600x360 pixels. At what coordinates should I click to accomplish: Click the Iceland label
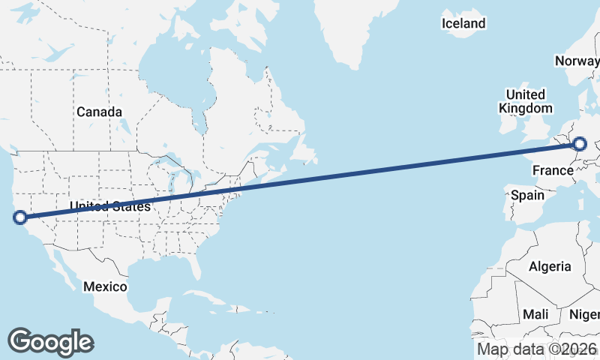pyautogui.click(x=463, y=24)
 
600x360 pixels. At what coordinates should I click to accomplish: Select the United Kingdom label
pyautogui.click(x=525, y=101)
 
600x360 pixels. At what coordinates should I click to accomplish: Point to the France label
pyautogui.click(x=553, y=171)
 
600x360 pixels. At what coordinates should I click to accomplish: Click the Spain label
pyautogui.click(x=526, y=195)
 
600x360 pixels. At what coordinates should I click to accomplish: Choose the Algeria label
pyautogui.click(x=550, y=266)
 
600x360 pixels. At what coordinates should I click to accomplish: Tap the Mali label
pyautogui.click(x=535, y=313)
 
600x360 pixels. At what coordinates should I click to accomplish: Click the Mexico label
pyautogui.click(x=105, y=286)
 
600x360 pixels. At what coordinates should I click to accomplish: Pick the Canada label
pyautogui.click(x=99, y=112)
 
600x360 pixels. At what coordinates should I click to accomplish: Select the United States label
pyautogui.click(x=110, y=206)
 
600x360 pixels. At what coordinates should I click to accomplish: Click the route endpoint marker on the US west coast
pyautogui.click(x=20, y=217)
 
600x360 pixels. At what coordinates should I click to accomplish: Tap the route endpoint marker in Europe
pyautogui.click(x=580, y=144)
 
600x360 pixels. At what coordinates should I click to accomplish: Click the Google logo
pyautogui.click(x=51, y=341)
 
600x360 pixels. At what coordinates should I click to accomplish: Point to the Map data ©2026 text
pyautogui.click(x=537, y=349)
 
